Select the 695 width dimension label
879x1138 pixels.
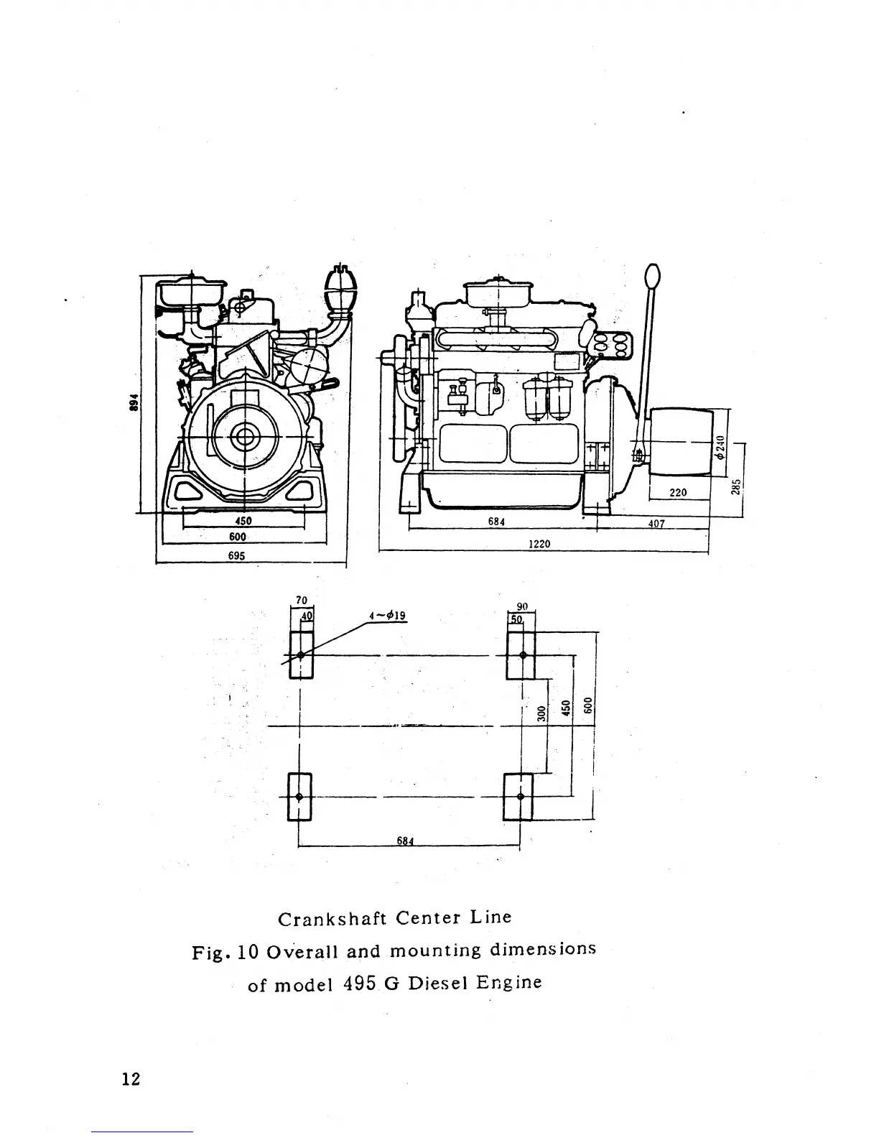[x=237, y=555]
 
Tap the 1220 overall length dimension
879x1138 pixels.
[x=539, y=544]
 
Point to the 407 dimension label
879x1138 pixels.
[x=656, y=524]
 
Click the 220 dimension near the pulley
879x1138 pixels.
[x=678, y=493]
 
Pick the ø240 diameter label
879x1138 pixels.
[x=721, y=448]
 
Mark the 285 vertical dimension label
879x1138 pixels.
[x=735, y=487]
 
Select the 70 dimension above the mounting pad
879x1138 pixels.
[x=301, y=601]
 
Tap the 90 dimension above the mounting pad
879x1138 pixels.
[x=522, y=607]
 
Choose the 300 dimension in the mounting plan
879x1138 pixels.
[x=542, y=713]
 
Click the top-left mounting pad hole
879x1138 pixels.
[x=300, y=655]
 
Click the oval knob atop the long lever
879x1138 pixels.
[x=652, y=274]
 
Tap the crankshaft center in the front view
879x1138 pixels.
[x=246, y=435]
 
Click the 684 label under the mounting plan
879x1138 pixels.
[x=407, y=841]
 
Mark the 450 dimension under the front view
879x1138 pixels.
[x=242, y=522]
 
